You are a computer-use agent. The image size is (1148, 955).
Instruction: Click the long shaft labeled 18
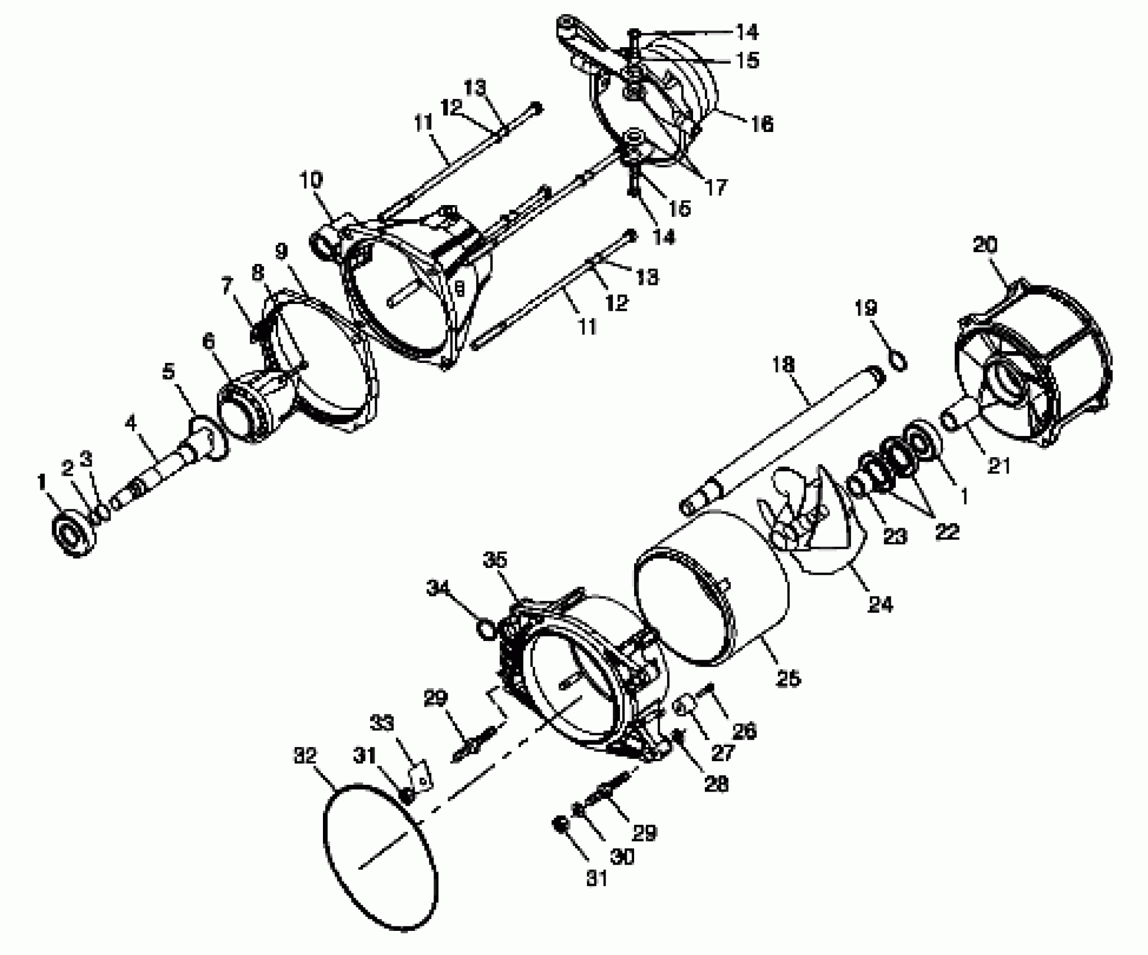tap(786, 438)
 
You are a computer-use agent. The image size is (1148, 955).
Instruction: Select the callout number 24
tap(880, 605)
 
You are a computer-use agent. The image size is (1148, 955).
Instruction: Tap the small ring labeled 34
tap(486, 627)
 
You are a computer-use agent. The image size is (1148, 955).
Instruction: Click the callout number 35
tap(494, 560)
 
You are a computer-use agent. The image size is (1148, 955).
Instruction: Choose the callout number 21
tap(999, 466)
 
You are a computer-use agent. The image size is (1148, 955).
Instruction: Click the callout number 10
tap(311, 180)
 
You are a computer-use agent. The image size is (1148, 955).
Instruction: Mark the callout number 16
tap(762, 124)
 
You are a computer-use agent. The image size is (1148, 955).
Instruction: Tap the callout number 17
tap(716, 187)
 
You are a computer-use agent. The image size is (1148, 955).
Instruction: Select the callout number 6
tap(208, 340)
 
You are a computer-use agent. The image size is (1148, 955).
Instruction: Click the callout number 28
tap(717, 784)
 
